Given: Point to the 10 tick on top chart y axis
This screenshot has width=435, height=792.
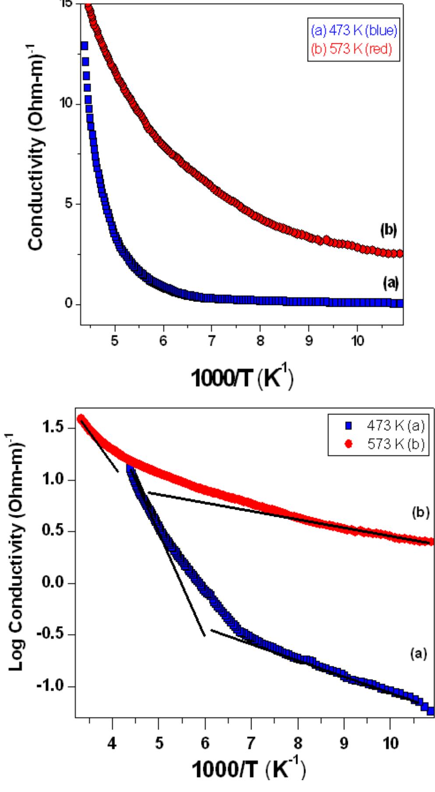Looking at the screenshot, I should (70, 104).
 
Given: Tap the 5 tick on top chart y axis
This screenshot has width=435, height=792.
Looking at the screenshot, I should (73, 204).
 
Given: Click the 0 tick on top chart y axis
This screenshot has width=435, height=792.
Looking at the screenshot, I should (73, 304).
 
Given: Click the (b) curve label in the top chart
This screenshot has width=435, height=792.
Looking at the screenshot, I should (388, 231).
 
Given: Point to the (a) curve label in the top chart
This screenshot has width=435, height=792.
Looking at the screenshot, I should (388, 283).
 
